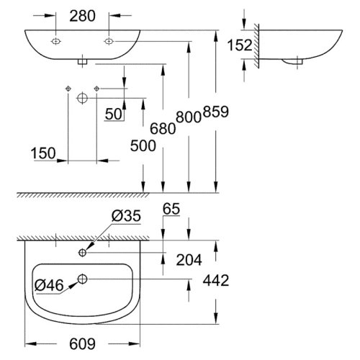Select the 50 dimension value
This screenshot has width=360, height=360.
pos(112,114)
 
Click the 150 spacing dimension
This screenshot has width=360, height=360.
pos(43,152)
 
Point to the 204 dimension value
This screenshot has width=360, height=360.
pos(189,258)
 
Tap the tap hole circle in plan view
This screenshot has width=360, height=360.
pos(83,253)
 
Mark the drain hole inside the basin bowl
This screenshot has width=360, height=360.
pos(83,278)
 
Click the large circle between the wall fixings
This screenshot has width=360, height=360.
pos(82,96)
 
